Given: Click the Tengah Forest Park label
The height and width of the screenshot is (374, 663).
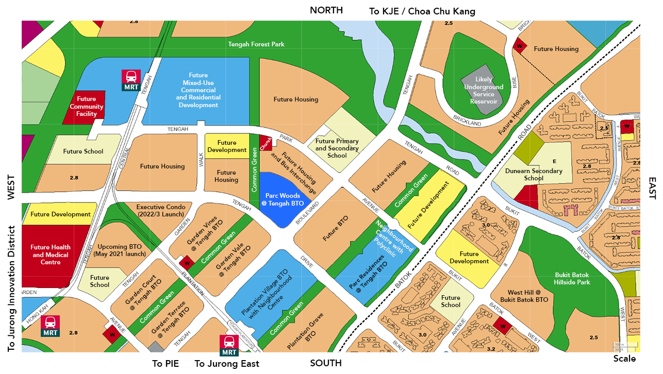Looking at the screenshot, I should (x=256, y=44).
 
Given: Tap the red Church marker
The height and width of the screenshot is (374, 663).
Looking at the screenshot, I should (x=266, y=143).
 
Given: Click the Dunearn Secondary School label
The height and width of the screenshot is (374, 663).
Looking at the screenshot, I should (x=534, y=175).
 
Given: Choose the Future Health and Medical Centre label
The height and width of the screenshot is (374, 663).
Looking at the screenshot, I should (x=51, y=254).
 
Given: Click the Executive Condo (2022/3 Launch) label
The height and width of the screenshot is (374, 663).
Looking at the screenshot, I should (x=161, y=211).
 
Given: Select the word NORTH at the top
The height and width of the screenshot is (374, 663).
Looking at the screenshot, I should (x=326, y=10).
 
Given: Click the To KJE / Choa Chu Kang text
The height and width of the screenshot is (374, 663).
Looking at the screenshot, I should (x=422, y=11).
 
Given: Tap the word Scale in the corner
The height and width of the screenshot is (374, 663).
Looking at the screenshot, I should (x=624, y=359).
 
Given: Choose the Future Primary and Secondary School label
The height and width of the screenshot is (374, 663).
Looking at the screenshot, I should (x=337, y=148).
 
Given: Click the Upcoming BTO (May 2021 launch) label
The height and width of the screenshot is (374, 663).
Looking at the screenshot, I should (x=119, y=250).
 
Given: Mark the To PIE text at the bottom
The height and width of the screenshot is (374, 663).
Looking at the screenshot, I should (x=165, y=364).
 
